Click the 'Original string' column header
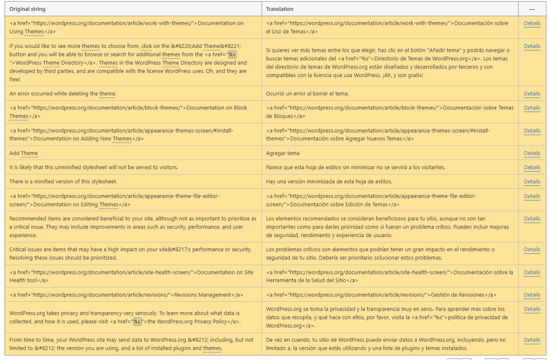(x=27, y=9)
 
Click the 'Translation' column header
(x=280, y=9)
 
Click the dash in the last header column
(x=532, y=9)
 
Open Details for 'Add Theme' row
(x=532, y=154)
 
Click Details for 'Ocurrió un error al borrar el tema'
(x=532, y=94)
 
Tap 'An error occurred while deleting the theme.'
(x=62, y=94)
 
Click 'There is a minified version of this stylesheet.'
(x=63, y=182)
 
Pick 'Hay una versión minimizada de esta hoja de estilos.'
(x=329, y=182)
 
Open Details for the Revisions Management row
(x=532, y=295)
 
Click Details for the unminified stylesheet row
(x=532, y=168)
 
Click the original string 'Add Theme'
(x=24, y=154)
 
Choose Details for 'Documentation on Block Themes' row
(x=532, y=108)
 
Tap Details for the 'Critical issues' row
(x=532, y=250)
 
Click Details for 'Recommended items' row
(x=532, y=219)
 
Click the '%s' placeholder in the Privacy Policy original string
(x=137, y=322)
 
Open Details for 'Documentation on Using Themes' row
(x=532, y=24)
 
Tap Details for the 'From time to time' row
(x=532, y=340)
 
